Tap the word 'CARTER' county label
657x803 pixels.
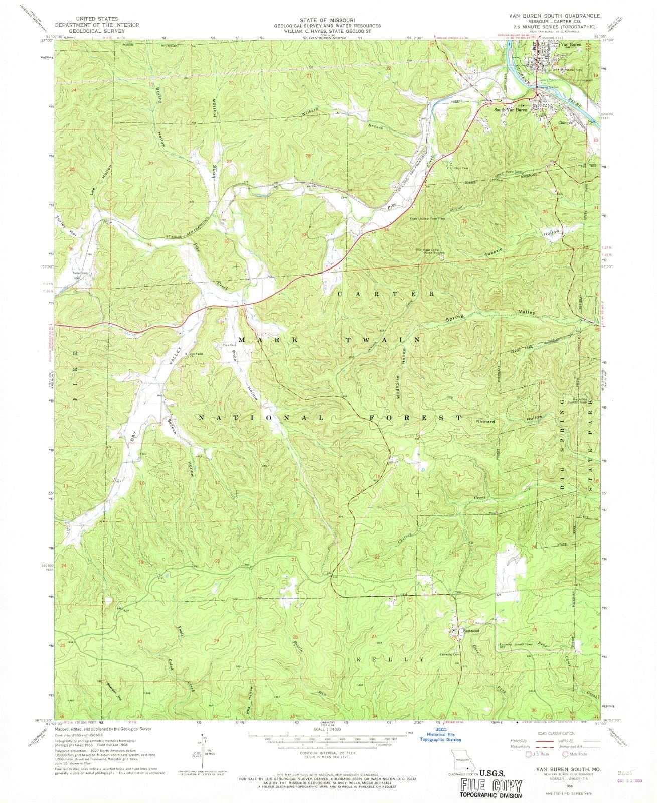click(386, 293)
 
